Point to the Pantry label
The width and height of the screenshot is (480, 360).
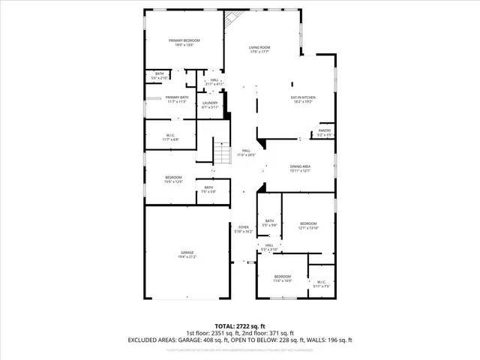click(x=325, y=133)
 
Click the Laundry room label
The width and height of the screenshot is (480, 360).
click(x=210, y=105)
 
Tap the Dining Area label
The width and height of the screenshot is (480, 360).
click(x=301, y=169)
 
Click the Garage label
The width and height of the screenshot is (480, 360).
click(x=186, y=254)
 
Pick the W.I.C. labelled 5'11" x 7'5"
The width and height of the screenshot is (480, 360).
click(x=320, y=283)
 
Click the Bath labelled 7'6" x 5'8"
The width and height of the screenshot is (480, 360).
click(x=208, y=190)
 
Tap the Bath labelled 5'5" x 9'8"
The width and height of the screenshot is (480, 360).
click(x=269, y=223)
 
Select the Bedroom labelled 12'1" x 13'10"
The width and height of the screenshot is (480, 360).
click(x=308, y=226)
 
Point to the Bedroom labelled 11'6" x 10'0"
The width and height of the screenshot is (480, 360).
click(x=282, y=279)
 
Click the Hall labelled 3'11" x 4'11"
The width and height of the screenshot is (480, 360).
click(x=214, y=82)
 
